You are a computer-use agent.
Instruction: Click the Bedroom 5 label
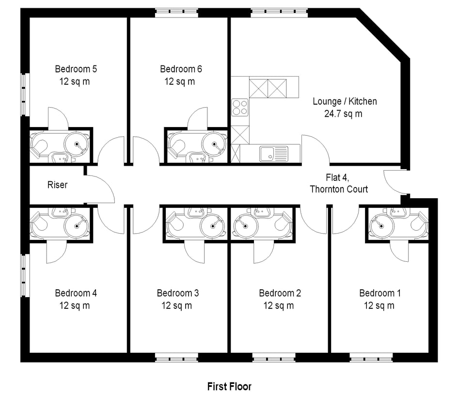click(x=76, y=69)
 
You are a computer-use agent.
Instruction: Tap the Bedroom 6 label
click(x=181, y=69)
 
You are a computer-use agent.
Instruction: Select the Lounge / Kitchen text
click(x=345, y=101)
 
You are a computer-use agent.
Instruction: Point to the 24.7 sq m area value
click(x=343, y=113)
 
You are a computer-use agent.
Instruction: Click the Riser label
click(x=58, y=185)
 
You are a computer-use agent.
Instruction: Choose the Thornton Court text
click(x=339, y=189)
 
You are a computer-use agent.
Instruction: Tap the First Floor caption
click(x=229, y=387)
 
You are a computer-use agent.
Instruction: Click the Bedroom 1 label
click(x=380, y=293)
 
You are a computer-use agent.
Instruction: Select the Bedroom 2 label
click(x=280, y=293)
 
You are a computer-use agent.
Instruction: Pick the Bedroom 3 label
click(x=178, y=293)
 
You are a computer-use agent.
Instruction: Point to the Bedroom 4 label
click(x=76, y=293)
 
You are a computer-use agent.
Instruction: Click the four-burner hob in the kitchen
click(x=240, y=108)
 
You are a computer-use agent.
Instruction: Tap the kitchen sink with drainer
click(x=274, y=154)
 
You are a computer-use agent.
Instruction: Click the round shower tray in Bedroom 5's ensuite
click(x=77, y=144)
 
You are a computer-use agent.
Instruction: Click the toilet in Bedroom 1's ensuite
click(x=419, y=224)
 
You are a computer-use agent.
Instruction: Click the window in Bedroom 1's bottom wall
click(x=371, y=358)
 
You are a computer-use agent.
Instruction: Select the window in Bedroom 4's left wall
click(x=25, y=276)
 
